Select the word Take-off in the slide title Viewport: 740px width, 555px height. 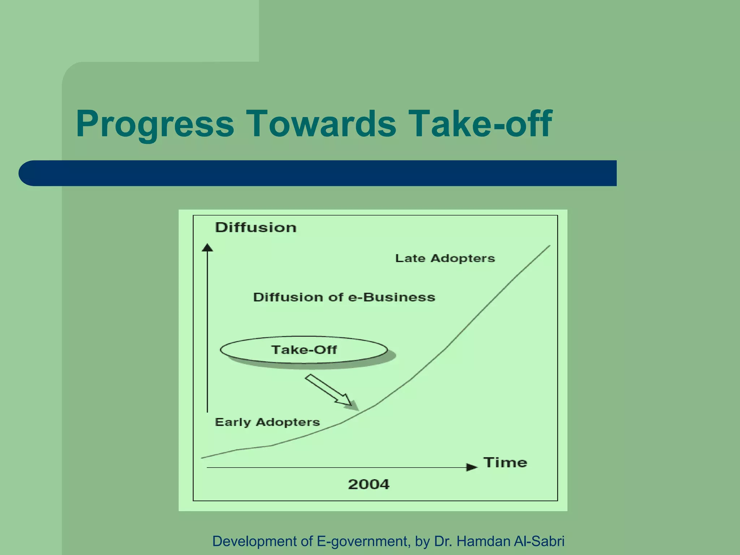click(x=481, y=124)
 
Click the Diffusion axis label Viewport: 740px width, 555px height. click(x=256, y=228)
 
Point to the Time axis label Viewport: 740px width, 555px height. click(x=505, y=462)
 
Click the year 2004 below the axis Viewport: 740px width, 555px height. click(x=369, y=484)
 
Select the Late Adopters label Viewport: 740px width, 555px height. click(x=445, y=258)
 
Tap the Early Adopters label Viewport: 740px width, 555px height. click(x=267, y=422)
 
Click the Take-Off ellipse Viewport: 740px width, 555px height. click(x=304, y=350)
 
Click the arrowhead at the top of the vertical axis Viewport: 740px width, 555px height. click(x=207, y=248)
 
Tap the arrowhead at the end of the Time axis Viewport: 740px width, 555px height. click(x=472, y=467)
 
